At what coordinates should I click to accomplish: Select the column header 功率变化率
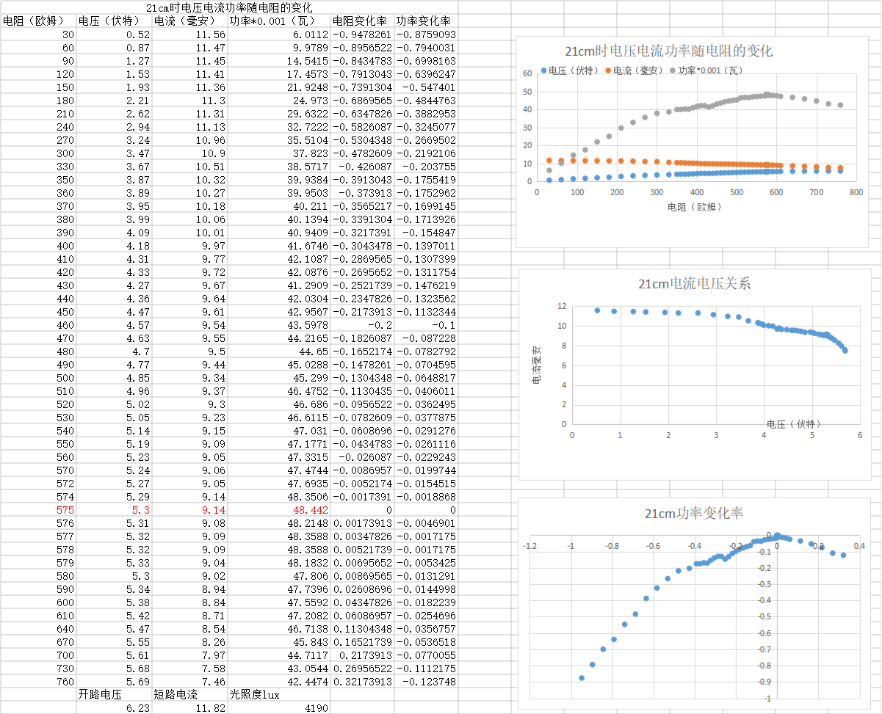tap(423, 21)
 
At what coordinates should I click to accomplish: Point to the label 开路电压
tap(100, 694)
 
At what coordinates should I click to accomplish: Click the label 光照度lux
tap(254, 694)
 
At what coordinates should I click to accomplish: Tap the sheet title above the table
tap(229, 7)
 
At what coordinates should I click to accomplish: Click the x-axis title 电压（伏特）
tap(794, 423)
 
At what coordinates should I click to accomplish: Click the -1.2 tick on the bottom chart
tap(528, 546)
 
